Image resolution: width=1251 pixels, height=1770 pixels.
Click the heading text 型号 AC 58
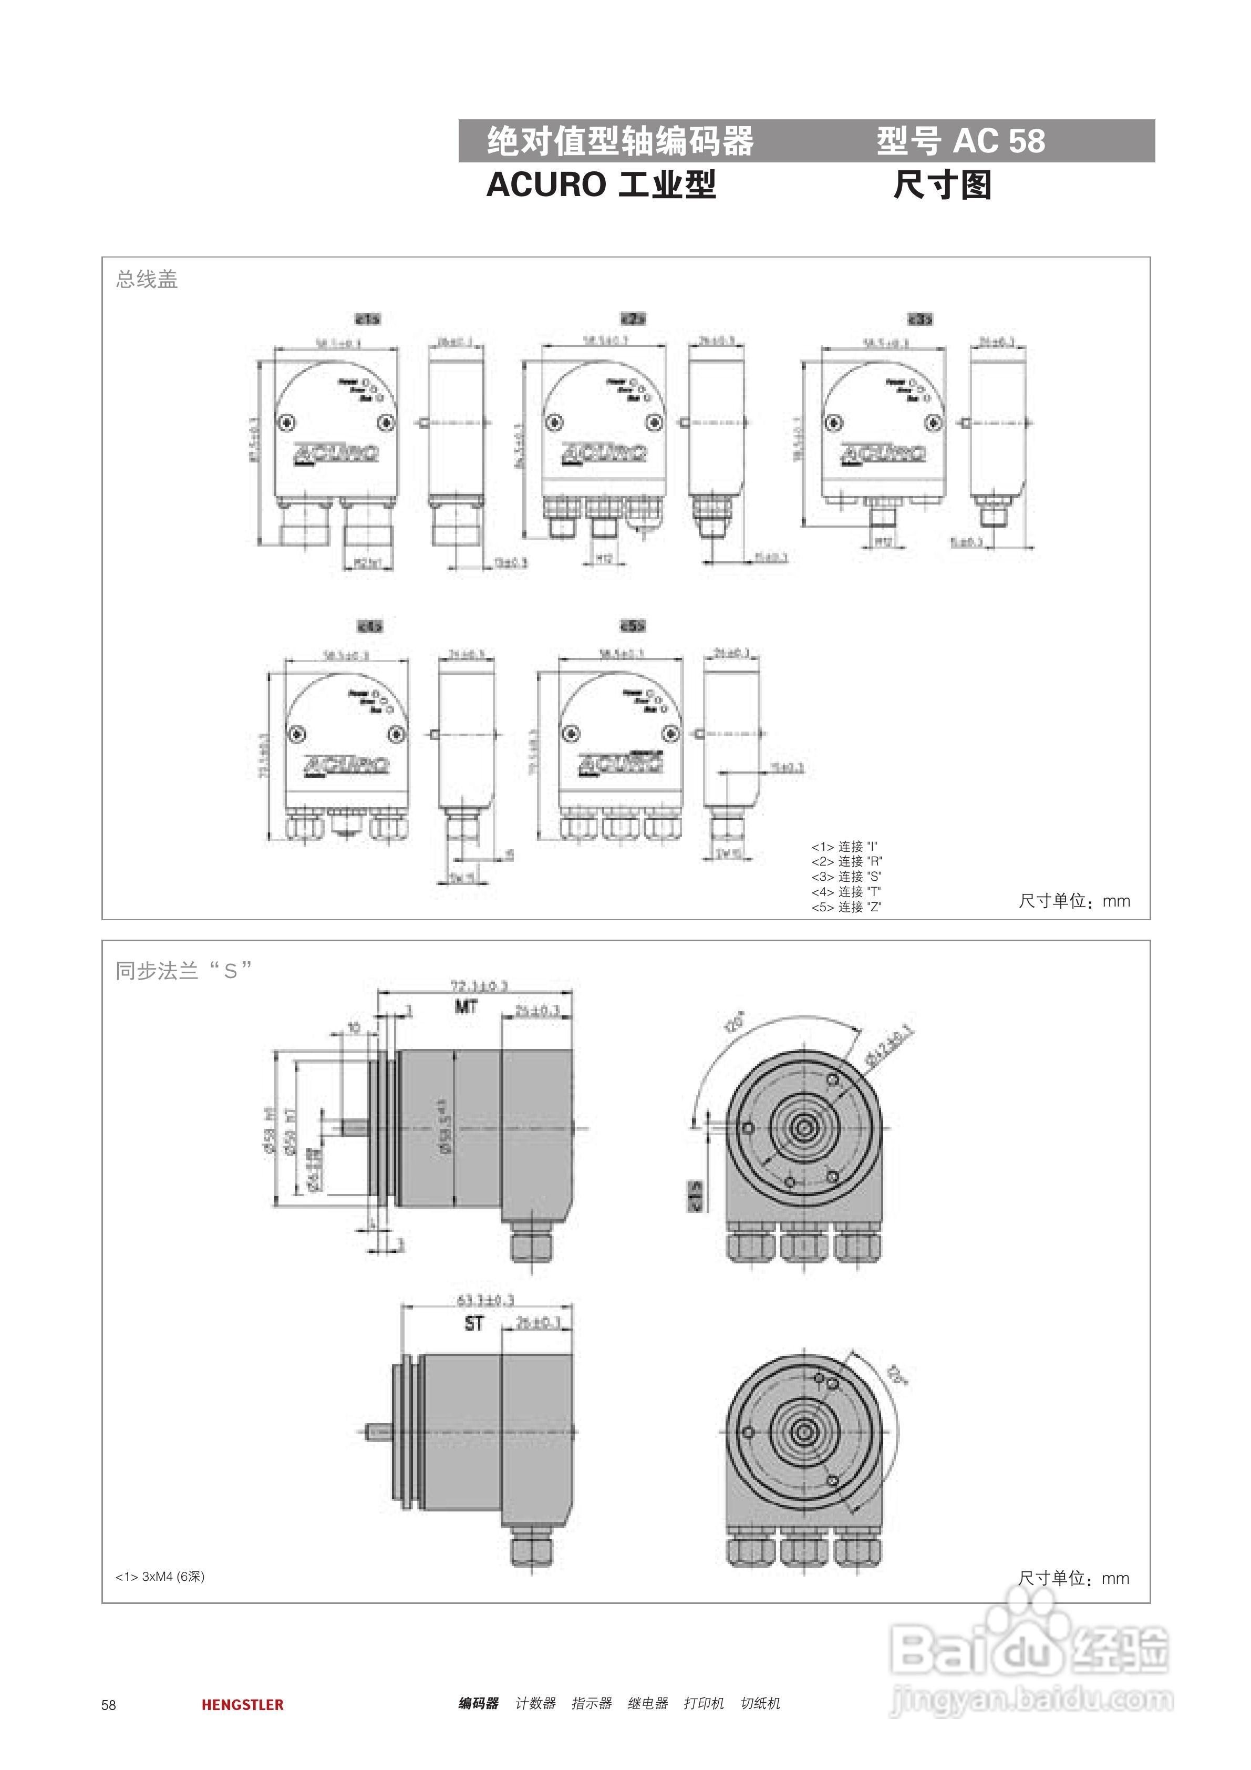coord(959,141)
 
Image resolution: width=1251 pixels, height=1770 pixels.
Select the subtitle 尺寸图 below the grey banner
coord(942,185)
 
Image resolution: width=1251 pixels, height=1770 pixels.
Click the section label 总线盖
coord(147,279)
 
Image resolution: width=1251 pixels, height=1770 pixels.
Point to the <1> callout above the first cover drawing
coord(368,318)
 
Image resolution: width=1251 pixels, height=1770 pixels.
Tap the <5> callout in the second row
coord(633,626)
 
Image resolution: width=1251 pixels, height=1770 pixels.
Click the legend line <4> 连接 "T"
coord(845,892)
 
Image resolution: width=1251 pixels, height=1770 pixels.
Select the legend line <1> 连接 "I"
coord(844,847)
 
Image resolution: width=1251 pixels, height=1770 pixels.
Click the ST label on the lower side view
coord(474,1323)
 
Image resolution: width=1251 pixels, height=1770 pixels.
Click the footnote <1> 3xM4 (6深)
coord(160,1577)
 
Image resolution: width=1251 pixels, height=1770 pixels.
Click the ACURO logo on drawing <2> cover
coord(604,452)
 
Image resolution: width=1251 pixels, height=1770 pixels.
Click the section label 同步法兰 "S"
coord(183,971)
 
